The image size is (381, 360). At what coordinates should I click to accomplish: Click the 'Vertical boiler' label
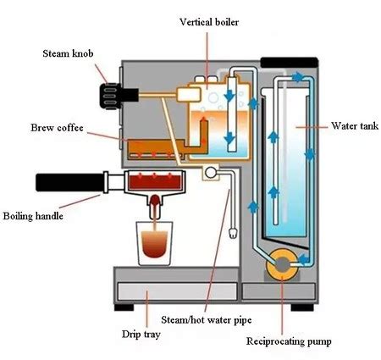(x=209, y=22)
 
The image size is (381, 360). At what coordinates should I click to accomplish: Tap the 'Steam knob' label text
(x=68, y=53)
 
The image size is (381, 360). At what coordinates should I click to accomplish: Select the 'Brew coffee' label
(x=57, y=128)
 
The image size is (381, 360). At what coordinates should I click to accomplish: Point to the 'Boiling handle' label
(x=33, y=216)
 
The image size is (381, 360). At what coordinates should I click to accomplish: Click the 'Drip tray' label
(x=141, y=335)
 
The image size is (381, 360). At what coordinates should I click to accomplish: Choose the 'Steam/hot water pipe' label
(x=207, y=320)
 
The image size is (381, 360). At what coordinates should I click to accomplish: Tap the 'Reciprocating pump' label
(x=289, y=341)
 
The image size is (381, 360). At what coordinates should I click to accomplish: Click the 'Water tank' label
(x=355, y=125)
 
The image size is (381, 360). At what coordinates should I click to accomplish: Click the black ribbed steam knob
(x=111, y=96)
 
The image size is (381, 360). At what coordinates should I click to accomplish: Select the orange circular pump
(x=282, y=264)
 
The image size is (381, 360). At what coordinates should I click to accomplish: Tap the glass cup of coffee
(x=154, y=243)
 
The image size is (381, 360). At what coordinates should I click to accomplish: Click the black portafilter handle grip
(x=69, y=182)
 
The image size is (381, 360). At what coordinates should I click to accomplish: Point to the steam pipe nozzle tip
(x=233, y=234)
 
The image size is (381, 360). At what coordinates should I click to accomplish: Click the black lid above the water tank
(x=290, y=63)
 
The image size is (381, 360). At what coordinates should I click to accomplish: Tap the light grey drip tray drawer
(x=177, y=291)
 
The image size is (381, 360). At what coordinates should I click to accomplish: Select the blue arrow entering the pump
(x=304, y=259)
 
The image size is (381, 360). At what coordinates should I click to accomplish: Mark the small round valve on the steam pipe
(x=211, y=173)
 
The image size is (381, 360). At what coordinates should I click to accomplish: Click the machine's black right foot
(x=302, y=307)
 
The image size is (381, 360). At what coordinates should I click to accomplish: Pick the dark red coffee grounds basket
(x=155, y=182)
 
